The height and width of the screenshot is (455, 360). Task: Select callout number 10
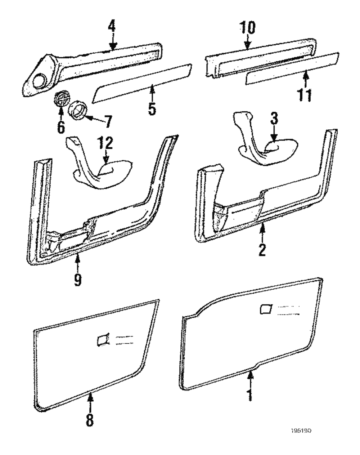pyautogui.click(x=247, y=28)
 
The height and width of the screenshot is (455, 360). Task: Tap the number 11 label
pyautogui.click(x=305, y=94)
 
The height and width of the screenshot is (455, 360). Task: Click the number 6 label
pyautogui.click(x=60, y=126)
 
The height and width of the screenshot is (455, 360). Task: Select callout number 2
pyautogui.click(x=262, y=249)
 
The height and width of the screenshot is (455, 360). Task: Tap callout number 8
pyautogui.click(x=90, y=419)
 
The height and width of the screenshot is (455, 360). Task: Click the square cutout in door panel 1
pyautogui.click(x=265, y=309)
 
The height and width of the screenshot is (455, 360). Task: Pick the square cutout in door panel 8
pyautogui.click(x=102, y=340)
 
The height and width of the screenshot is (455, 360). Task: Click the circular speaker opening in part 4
pyautogui.click(x=42, y=79)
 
